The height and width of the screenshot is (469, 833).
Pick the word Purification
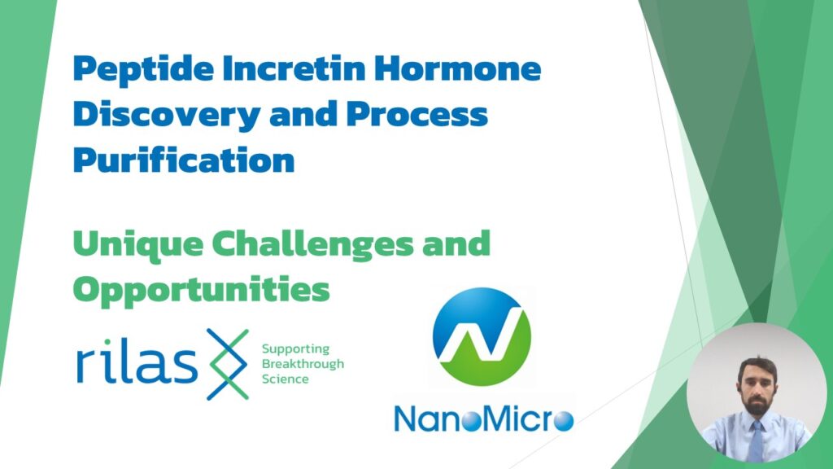pyautogui.click(x=183, y=160)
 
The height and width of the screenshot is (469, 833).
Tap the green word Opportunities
pyautogui.click(x=201, y=288)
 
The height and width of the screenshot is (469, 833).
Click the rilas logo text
pyautogui.click(x=136, y=366)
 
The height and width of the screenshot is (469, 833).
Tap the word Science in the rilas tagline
pyautogui.click(x=285, y=379)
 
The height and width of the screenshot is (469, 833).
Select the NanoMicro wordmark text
pyautogui.click(x=483, y=419)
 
